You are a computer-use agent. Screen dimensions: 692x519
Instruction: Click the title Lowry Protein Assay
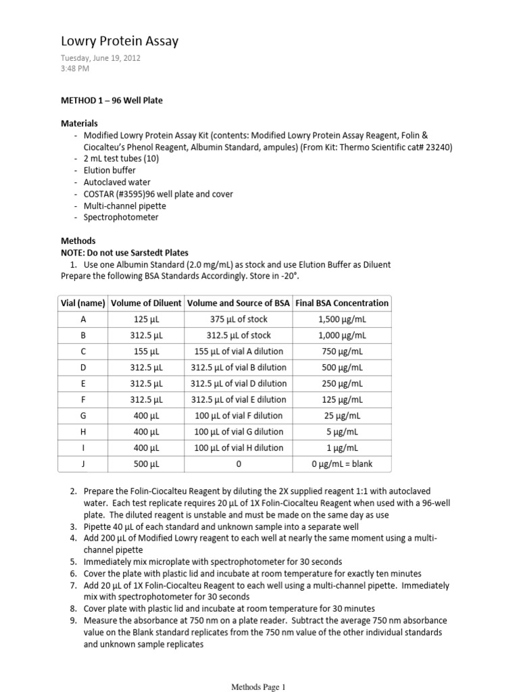pos(120,42)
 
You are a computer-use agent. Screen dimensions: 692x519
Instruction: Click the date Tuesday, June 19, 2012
pos(101,58)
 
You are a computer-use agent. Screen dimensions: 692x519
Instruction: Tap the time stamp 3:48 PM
pos(75,69)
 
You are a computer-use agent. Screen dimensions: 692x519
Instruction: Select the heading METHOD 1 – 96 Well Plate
pos(112,101)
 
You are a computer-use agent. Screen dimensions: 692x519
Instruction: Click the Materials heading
pos(79,124)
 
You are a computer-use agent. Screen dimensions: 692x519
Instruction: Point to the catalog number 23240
pos(438,147)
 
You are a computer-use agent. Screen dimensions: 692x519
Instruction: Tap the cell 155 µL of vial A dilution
pos(239,351)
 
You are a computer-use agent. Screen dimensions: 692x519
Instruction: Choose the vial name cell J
pos(82,464)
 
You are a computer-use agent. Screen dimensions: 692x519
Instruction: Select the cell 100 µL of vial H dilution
pos(239,448)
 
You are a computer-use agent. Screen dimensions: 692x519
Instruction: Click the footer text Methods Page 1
pos(259,687)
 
